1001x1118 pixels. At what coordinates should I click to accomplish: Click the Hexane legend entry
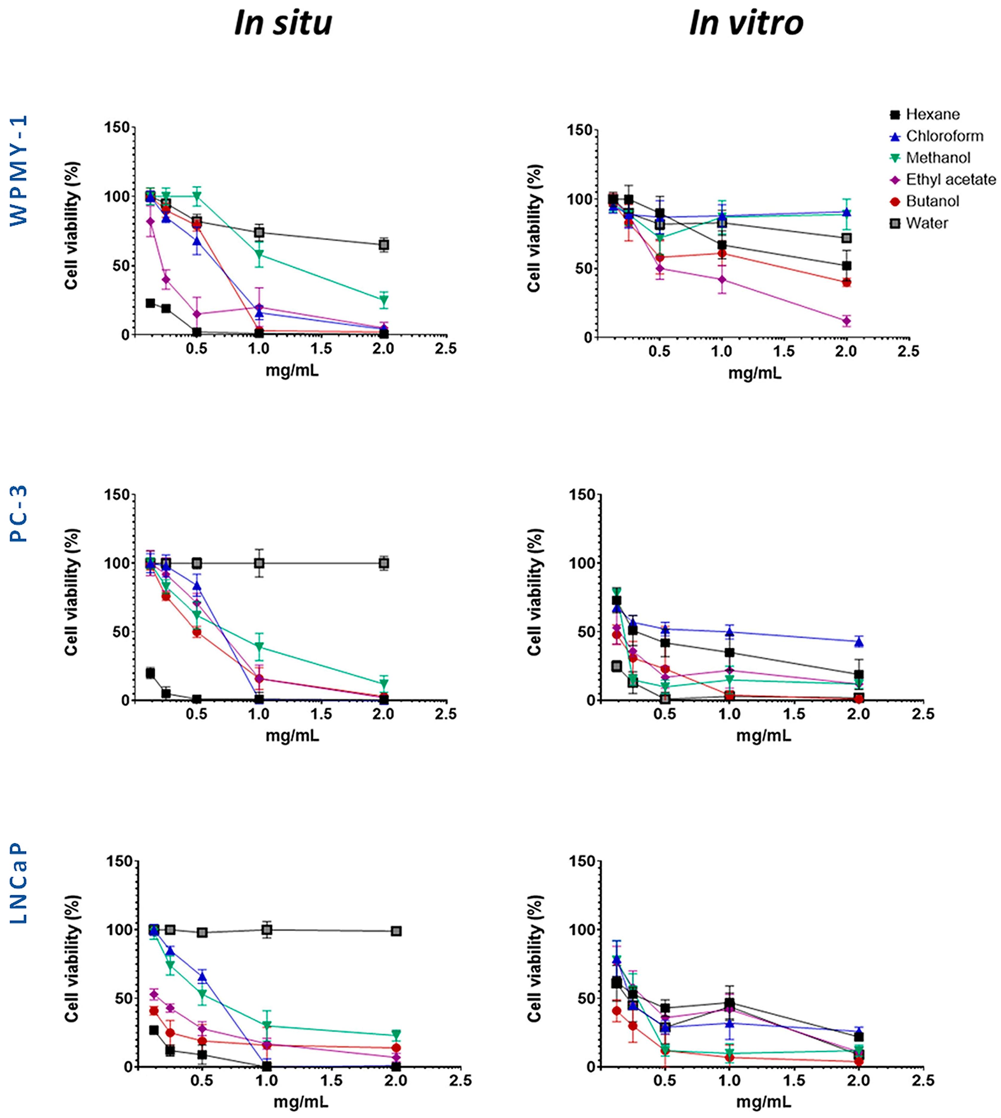[x=932, y=114]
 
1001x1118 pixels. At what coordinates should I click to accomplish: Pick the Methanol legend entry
[x=938, y=158]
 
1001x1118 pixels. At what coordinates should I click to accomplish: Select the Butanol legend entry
[x=932, y=201]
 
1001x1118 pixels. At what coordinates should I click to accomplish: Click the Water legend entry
[x=927, y=223]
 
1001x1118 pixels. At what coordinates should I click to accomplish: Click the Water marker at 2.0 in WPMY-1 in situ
[x=384, y=245]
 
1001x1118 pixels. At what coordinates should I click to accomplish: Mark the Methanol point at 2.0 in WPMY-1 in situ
[x=384, y=300]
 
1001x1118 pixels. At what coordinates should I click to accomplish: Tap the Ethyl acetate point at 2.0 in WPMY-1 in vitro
[x=846, y=321]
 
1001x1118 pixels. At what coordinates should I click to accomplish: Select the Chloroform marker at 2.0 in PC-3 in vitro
[x=859, y=642]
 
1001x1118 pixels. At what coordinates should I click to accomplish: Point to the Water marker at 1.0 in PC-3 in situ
[x=259, y=563]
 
